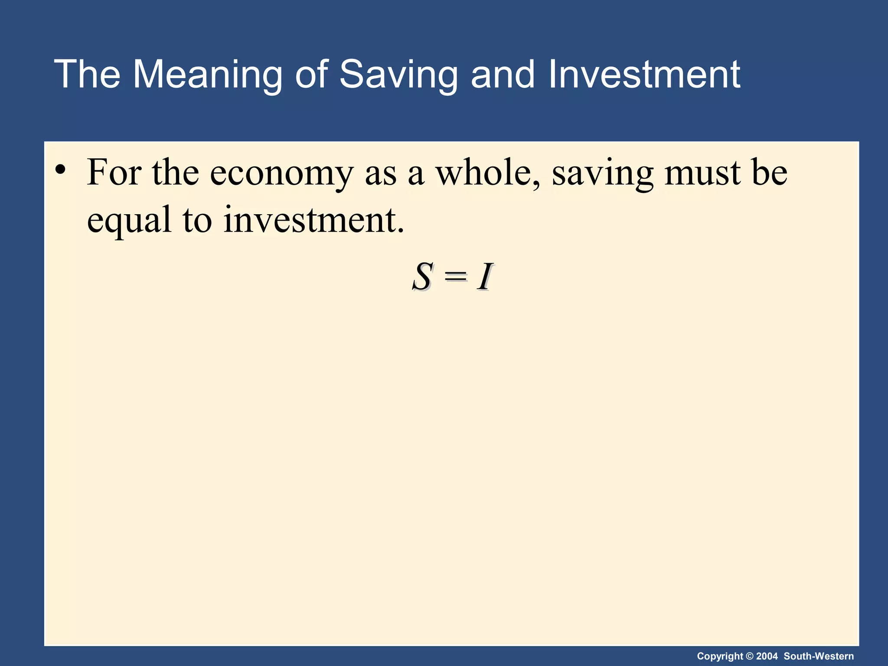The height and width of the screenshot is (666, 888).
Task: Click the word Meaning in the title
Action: (x=207, y=75)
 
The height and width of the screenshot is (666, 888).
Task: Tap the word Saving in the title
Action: (x=398, y=75)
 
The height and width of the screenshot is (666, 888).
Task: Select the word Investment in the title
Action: (x=644, y=75)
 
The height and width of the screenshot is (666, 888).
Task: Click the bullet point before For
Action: (x=60, y=170)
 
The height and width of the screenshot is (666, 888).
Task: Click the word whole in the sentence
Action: (x=488, y=173)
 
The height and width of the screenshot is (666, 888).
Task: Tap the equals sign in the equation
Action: (x=455, y=276)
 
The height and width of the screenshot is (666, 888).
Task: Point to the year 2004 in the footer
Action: (x=767, y=656)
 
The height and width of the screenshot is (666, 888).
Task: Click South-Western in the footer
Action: (x=819, y=656)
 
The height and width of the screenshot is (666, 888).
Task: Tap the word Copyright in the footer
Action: (x=720, y=656)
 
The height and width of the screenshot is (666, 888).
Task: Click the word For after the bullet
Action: (x=114, y=173)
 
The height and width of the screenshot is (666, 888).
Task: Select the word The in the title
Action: (x=87, y=75)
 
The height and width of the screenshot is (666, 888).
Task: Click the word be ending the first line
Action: (x=770, y=173)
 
